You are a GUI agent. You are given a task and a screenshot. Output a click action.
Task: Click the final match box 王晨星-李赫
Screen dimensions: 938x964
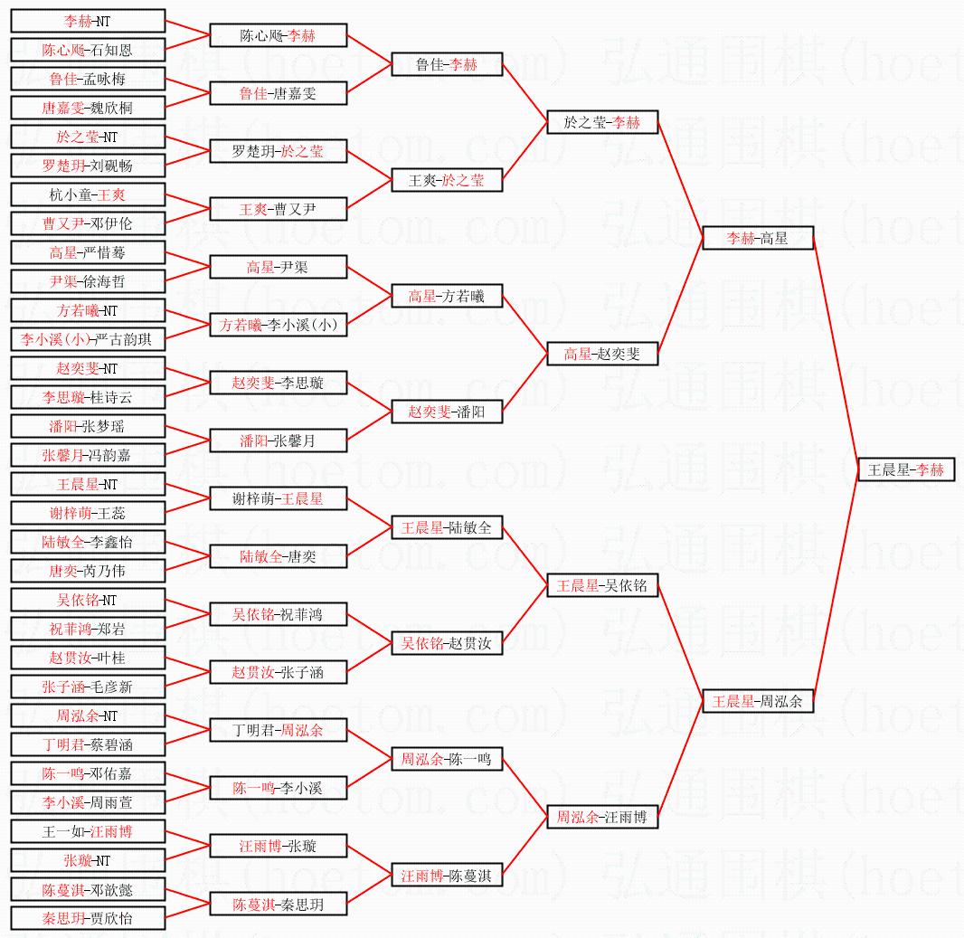point(906,469)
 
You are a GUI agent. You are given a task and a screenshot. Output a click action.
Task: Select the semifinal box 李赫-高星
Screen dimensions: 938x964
point(758,238)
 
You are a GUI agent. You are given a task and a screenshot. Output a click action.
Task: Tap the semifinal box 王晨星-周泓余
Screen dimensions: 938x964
point(758,701)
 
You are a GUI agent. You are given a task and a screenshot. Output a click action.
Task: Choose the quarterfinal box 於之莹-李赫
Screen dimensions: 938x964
point(602,122)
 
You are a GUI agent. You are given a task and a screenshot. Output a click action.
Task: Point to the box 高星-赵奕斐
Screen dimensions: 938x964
point(602,354)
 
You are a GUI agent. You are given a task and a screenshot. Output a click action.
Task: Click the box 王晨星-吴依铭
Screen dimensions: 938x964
point(602,585)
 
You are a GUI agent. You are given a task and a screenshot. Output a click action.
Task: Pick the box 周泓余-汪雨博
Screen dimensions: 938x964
point(602,817)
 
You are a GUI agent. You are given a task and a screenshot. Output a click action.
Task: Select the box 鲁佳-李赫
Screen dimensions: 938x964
point(447,64)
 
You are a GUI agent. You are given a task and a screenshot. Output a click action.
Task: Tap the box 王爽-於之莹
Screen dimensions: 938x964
point(447,180)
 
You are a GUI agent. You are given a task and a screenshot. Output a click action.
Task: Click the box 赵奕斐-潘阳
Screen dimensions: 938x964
point(447,412)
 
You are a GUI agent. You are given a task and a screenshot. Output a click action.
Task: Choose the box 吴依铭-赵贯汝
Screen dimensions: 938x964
point(447,643)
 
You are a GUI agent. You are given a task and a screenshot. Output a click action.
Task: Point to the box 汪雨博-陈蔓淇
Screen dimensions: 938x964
point(447,875)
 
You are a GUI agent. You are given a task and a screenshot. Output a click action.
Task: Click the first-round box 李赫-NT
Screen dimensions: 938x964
point(88,21)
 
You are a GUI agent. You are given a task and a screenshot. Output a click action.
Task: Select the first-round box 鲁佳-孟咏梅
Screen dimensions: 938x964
point(88,79)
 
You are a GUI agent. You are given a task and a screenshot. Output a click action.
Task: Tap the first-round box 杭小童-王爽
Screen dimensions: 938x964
point(88,194)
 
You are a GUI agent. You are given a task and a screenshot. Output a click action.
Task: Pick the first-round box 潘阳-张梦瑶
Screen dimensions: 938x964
point(88,426)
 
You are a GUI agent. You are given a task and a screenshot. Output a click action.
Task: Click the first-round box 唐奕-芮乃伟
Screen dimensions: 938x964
point(88,571)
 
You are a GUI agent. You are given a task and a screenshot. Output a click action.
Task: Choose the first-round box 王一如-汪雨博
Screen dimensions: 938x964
point(88,831)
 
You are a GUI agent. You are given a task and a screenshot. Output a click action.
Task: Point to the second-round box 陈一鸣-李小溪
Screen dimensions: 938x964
point(279,788)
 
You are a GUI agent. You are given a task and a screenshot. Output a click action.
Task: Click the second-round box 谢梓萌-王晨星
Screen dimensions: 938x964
point(279,498)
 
